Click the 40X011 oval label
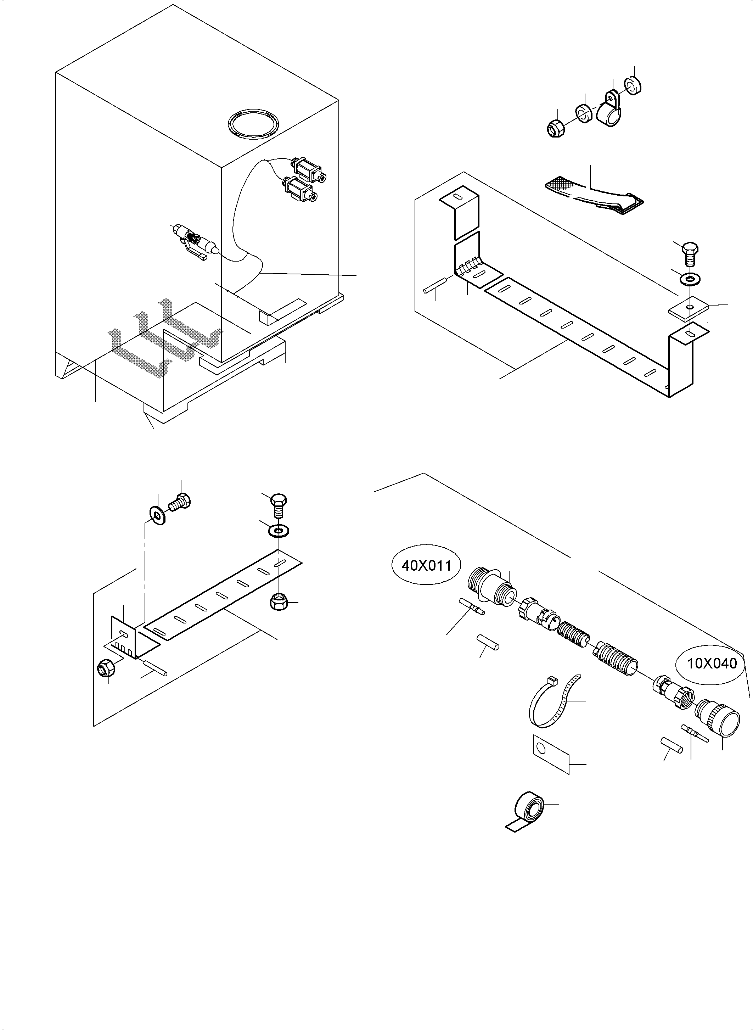tap(426, 565)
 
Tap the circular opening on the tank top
tap(253, 122)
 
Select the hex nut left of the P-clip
tap(556, 129)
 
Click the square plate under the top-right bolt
tap(688, 308)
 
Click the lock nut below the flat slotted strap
tap(279, 602)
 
